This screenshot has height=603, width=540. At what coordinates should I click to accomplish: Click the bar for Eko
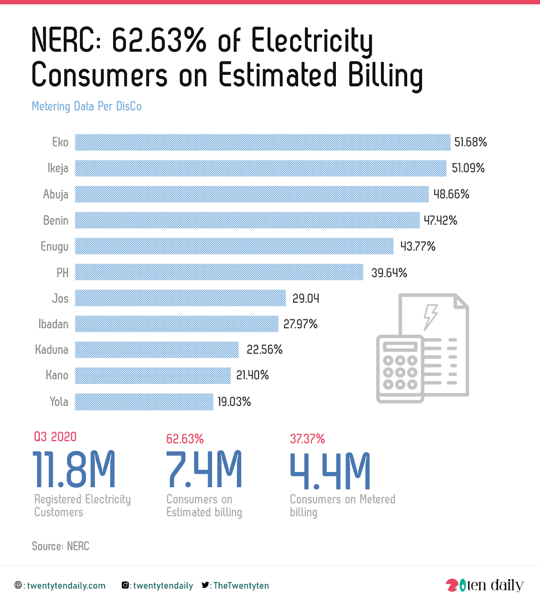pyautogui.click(x=263, y=142)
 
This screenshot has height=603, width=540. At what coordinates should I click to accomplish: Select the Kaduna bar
pyautogui.click(x=157, y=350)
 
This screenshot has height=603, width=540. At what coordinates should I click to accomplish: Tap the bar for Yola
pyautogui.click(x=144, y=402)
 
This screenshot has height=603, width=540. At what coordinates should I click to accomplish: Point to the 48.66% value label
pyautogui.click(x=451, y=194)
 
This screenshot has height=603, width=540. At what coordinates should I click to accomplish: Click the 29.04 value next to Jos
pyautogui.click(x=306, y=298)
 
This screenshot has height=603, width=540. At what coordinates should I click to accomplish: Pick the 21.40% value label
pyautogui.click(x=252, y=375)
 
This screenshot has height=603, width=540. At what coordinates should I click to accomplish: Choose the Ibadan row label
pyautogui.click(x=53, y=324)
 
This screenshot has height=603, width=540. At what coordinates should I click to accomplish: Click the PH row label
pyautogui.click(x=62, y=272)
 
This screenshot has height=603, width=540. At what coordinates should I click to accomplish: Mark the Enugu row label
pyautogui.click(x=54, y=246)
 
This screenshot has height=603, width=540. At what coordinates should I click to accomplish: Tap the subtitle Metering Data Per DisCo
pyautogui.click(x=86, y=106)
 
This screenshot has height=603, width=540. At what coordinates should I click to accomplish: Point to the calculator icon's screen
pyautogui.click(x=400, y=346)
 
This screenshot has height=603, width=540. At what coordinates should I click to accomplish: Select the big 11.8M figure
pyautogui.click(x=74, y=469)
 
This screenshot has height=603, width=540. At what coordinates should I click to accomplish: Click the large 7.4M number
pyautogui.click(x=204, y=469)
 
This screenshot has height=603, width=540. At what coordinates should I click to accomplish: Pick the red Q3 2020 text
pyautogui.click(x=55, y=437)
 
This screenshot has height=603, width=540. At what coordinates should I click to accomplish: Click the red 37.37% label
pyautogui.click(x=307, y=439)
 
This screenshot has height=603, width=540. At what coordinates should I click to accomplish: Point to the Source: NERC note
pyautogui.click(x=60, y=546)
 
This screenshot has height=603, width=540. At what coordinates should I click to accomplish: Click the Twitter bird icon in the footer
pyautogui.click(x=205, y=585)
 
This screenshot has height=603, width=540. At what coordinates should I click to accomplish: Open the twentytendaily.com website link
pyautogui.click(x=66, y=586)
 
